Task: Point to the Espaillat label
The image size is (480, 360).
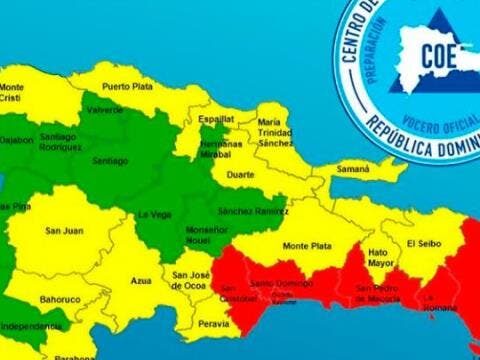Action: pos(216,118)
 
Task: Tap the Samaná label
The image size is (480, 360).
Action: pos(353,170)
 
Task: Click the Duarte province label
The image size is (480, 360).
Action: pos(241,174)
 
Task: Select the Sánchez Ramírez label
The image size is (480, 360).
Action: pos(245,211)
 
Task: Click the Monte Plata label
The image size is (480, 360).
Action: pos(306,245)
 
